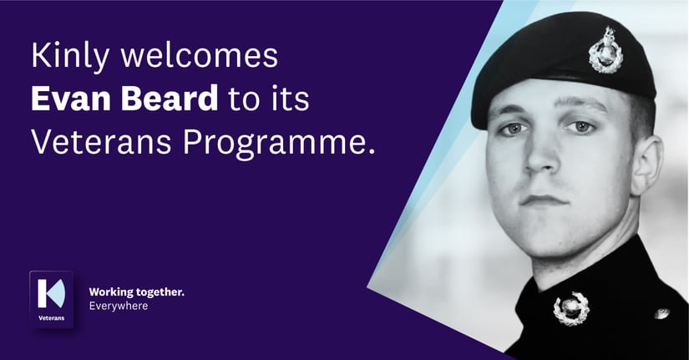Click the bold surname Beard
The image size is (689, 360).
pos(168,100)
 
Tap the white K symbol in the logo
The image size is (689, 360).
pos(50,292)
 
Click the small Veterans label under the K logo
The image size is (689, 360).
pos(51,318)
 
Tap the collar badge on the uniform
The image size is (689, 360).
pos(570,307)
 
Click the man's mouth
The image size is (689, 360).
pos(544,200)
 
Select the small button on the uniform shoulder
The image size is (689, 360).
pos(661,313)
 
